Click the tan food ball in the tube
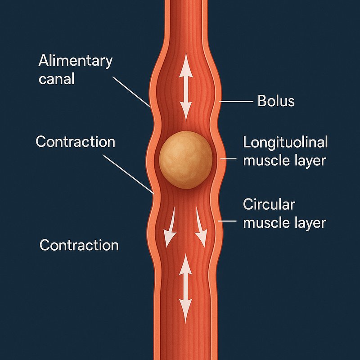point(185,160)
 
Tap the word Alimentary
point(75,61)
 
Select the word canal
point(56,79)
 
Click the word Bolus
point(276,101)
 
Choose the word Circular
point(269,204)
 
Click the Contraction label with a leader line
point(75,142)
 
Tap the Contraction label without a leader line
point(79,245)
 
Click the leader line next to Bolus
point(235,101)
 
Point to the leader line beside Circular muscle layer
point(227,221)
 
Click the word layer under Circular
point(308,222)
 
